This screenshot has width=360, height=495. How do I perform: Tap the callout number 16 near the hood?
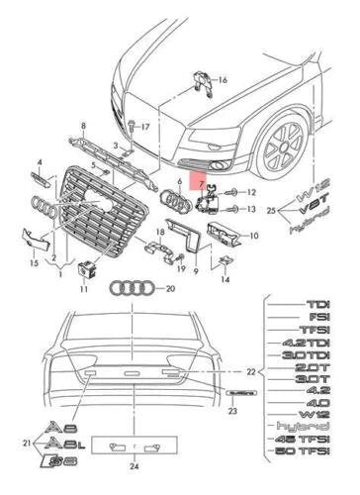(x=222, y=79)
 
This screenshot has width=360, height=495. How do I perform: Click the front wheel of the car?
(x=286, y=149)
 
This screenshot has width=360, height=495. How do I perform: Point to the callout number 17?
(x=144, y=127)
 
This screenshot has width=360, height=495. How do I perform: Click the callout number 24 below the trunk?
(x=133, y=486)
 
